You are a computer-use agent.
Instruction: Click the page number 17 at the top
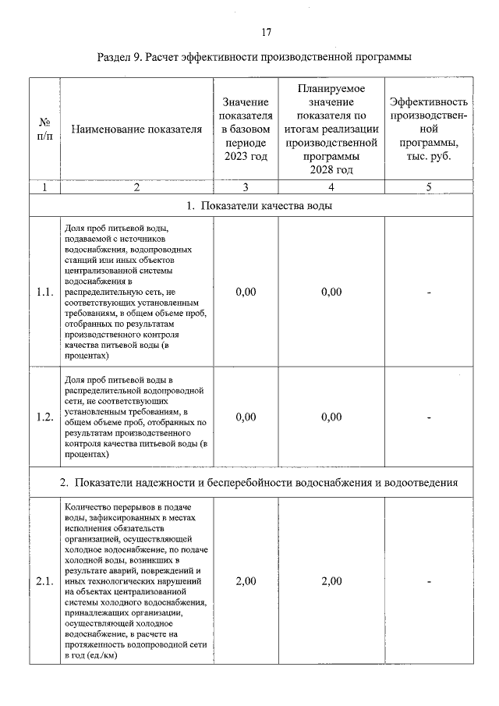click(x=266, y=32)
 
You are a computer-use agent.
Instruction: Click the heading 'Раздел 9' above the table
click(x=254, y=58)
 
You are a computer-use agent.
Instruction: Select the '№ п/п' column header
click(x=44, y=129)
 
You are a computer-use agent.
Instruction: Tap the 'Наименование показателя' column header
click(x=136, y=129)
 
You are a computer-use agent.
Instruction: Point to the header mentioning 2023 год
click(x=245, y=129)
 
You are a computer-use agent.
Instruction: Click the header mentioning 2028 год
click(x=331, y=129)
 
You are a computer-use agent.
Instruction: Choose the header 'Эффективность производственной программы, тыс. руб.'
click(x=429, y=129)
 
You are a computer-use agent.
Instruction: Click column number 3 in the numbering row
click(x=245, y=186)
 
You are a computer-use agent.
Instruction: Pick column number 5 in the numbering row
click(x=429, y=186)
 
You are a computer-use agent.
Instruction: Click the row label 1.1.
click(x=44, y=292)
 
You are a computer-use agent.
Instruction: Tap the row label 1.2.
click(x=44, y=417)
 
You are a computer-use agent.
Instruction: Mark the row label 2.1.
click(x=44, y=581)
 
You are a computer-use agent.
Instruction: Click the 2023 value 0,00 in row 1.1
click(x=245, y=292)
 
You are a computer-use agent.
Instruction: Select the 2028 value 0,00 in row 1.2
click(x=331, y=417)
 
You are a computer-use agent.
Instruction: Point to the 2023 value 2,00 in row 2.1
click(x=245, y=581)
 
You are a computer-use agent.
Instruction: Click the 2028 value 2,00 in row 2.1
click(x=331, y=581)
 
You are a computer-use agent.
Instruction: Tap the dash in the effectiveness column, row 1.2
click(x=429, y=417)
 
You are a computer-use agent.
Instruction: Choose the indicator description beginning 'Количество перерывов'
click(x=136, y=581)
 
